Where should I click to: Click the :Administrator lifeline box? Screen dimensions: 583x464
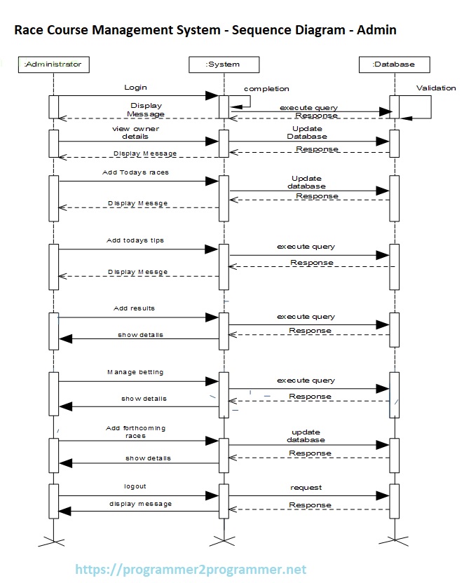coord(53,64)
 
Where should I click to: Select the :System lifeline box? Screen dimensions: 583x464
coord(223,64)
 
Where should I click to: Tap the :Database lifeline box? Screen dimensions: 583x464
coord(394,64)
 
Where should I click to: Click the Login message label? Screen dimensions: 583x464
coord(135,88)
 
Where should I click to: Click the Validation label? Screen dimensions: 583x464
coord(435,88)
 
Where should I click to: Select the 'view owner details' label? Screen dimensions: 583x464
coord(135,132)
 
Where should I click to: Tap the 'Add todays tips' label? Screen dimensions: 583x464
coord(135,240)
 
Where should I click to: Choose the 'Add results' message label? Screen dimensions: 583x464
coord(134,308)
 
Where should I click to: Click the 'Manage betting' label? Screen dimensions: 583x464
coord(135,372)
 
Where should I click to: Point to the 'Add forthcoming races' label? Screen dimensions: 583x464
coord(135,432)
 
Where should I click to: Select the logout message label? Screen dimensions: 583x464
coord(135,486)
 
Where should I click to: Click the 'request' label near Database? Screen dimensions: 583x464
coord(306,487)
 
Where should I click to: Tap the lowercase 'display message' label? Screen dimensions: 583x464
coord(140,504)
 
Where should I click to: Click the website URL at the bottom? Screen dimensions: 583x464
coord(191,570)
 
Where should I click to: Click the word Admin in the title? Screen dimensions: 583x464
coord(376,29)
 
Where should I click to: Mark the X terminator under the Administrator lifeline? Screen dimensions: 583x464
coord(53,540)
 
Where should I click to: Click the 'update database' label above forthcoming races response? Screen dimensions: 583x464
coord(306,436)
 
